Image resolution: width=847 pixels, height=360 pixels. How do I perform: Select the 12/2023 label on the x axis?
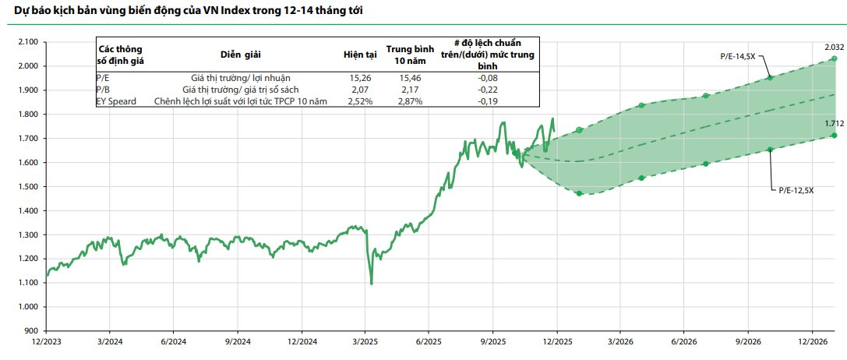[46, 342]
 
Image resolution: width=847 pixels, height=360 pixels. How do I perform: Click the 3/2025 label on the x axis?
[366, 342]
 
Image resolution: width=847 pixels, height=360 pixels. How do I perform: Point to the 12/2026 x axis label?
[813, 342]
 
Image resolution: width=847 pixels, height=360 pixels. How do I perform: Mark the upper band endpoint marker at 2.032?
[835, 59]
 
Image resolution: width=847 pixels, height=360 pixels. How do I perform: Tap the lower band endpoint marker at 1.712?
[835, 136]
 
